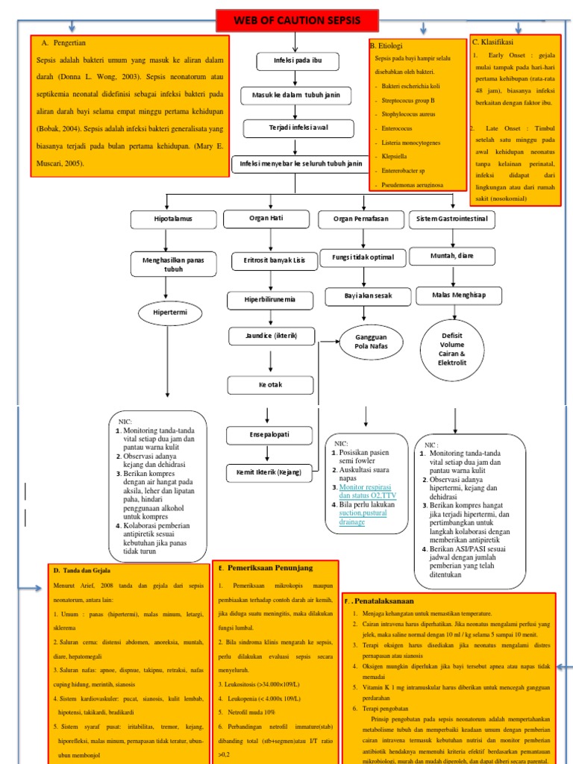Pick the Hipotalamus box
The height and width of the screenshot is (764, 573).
click(x=172, y=219)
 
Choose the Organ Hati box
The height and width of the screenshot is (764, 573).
click(x=266, y=219)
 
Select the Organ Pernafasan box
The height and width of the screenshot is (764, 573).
click(x=360, y=219)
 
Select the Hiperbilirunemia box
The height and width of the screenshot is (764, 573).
click(x=266, y=300)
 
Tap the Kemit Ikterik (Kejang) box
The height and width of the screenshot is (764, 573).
click(x=266, y=472)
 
